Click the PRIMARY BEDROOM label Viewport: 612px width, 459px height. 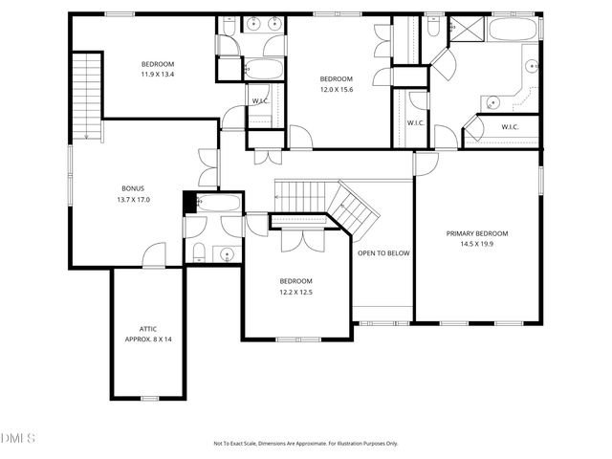pyautogui.click(x=476, y=233)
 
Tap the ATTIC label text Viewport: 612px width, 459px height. pyautogui.click(x=147, y=328)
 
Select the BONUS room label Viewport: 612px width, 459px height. pyautogui.click(x=133, y=188)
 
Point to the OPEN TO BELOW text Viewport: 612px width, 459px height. pyautogui.click(x=383, y=253)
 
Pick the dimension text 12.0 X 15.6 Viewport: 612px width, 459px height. pyautogui.click(x=336, y=89)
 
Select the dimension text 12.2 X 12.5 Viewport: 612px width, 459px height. pyautogui.click(x=295, y=292)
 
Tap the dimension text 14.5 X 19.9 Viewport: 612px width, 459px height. pyautogui.click(x=476, y=245)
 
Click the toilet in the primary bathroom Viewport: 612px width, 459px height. pyautogui.click(x=433, y=30)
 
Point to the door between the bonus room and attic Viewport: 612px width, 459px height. pyautogui.click(x=153, y=256)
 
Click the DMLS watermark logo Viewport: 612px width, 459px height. pyautogui.click(x=18, y=438)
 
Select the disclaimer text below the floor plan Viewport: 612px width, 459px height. pyautogui.click(x=306, y=444)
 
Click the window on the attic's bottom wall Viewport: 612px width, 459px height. pyautogui.click(x=149, y=398)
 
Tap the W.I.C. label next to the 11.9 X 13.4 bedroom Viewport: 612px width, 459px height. pyautogui.click(x=259, y=100)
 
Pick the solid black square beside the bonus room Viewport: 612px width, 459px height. pyautogui.click(x=188, y=202)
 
